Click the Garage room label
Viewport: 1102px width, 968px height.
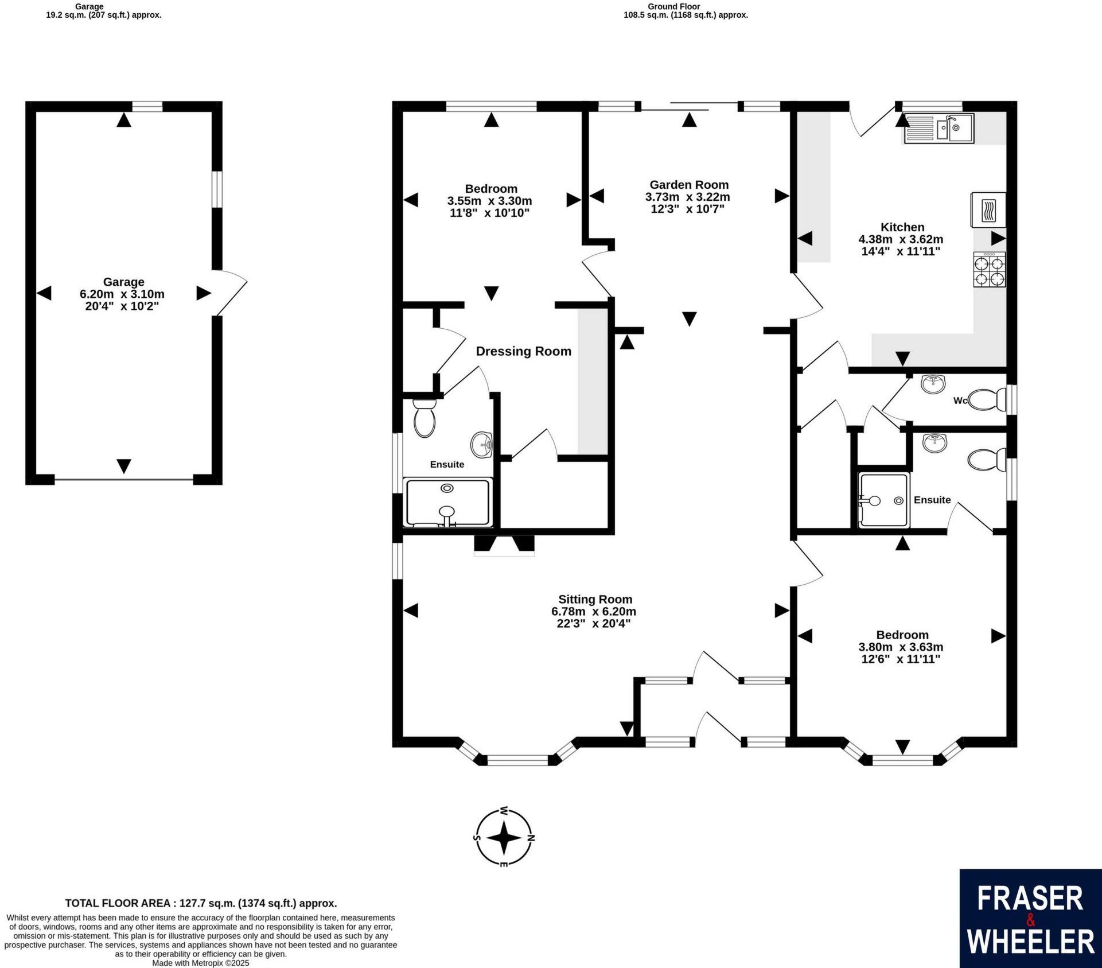click(123, 282)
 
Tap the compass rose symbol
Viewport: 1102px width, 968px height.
click(504, 837)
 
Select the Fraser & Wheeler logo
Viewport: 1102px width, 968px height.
click(1030, 919)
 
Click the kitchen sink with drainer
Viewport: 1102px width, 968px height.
click(939, 129)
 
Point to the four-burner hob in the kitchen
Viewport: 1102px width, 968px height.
click(990, 270)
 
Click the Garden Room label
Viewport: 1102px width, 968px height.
click(688, 185)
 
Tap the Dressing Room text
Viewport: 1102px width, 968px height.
click(523, 351)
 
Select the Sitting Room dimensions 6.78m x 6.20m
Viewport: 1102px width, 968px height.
click(593, 612)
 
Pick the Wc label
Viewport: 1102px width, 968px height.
click(960, 401)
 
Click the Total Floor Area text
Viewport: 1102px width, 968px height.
click(201, 903)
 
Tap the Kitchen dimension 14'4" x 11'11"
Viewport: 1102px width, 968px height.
click(901, 251)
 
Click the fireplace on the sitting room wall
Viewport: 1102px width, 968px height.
click(504, 545)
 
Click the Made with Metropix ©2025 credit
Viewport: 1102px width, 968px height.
click(201, 963)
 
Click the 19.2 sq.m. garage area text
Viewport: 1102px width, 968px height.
click(103, 15)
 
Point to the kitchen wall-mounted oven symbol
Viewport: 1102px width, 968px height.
click(988, 209)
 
